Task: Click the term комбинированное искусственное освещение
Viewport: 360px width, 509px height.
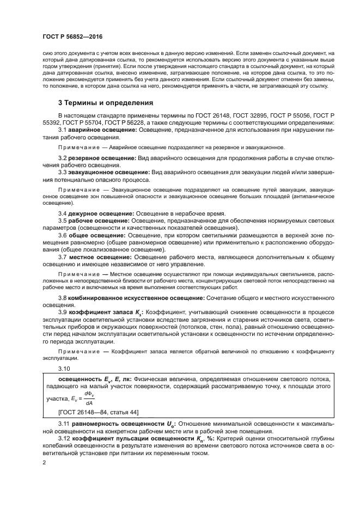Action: (x=136, y=298)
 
